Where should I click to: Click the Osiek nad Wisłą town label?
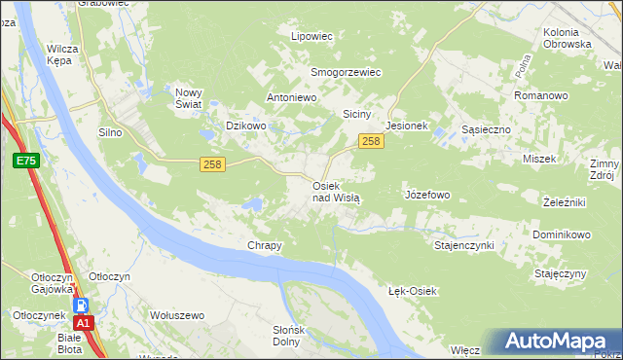[x=336, y=191]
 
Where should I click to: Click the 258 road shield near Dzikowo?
[x=213, y=164]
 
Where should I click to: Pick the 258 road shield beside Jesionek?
[x=370, y=142]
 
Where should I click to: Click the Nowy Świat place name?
[x=188, y=98]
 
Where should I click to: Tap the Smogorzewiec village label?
[x=346, y=72]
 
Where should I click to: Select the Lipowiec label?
[x=312, y=36]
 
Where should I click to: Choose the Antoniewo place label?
[x=294, y=98]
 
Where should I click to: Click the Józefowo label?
[x=426, y=195]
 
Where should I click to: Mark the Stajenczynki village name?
[x=464, y=245]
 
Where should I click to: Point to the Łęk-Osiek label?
[x=414, y=291]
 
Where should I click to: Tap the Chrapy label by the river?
[x=265, y=245]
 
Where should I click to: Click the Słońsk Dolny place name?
[x=287, y=336]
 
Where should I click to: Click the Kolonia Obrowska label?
[x=566, y=38]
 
